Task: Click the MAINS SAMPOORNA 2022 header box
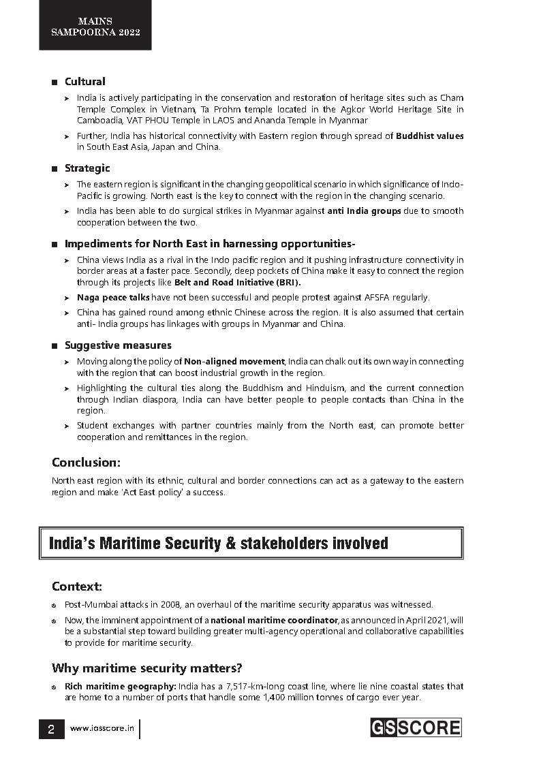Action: (x=95, y=26)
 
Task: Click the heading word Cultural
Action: (x=84, y=82)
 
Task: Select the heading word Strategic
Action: (x=87, y=168)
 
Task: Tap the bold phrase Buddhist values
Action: (x=429, y=136)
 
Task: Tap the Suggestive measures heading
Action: (x=118, y=345)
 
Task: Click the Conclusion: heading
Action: (x=86, y=463)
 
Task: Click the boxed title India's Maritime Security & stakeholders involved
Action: (x=218, y=543)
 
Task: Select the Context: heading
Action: (x=76, y=587)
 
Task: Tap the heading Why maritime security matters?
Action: (x=146, y=668)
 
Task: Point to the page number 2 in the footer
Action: (x=51, y=729)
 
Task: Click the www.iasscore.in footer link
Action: (x=102, y=729)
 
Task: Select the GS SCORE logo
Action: (x=415, y=728)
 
